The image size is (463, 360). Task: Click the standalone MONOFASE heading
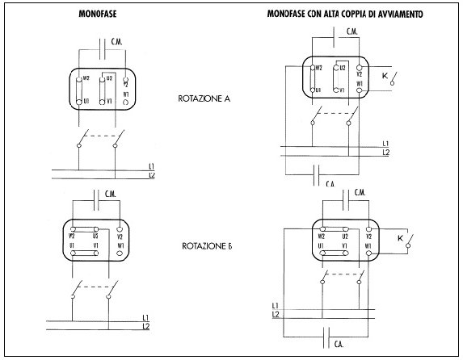pyautogui.click(x=95, y=15)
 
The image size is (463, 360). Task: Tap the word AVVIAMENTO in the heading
pyautogui.click(x=394, y=15)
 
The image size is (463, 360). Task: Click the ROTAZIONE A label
pyautogui.click(x=204, y=99)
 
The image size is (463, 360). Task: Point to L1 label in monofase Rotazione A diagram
pyautogui.click(x=153, y=166)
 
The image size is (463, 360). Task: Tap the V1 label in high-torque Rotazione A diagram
pyautogui.click(x=342, y=90)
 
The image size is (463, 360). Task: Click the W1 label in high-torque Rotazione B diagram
pyautogui.click(x=368, y=245)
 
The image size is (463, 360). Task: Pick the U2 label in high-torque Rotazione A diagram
pyautogui.click(x=342, y=69)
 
